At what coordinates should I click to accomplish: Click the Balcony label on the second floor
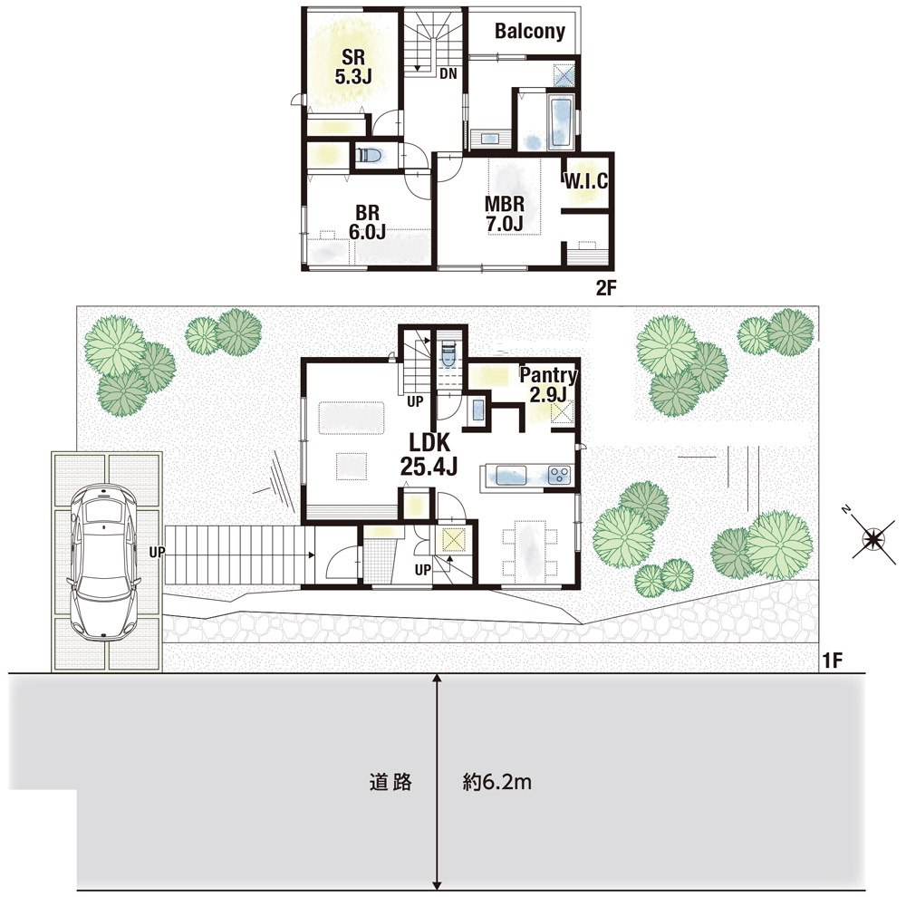pyautogui.click(x=529, y=31)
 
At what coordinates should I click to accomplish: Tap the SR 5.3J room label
pyautogui.click(x=353, y=66)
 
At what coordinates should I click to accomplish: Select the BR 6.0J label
pyautogui.click(x=368, y=222)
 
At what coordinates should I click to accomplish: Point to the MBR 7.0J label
pyautogui.click(x=505, y=214)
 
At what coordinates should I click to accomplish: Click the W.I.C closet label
pyautogui.click(x=586, y=181)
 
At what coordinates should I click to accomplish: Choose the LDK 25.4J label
pyautogui.click(x=429, y=454)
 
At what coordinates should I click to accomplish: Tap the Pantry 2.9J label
pyautogui.click(x=548, y=384)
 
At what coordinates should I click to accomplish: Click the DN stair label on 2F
pyautogui.click(x=448, y=73)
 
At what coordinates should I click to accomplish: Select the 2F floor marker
pyautogui.click(x=606, y=288)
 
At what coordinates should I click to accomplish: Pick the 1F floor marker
pyautogui.click(x=833, y=660)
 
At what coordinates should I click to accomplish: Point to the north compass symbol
pyautogui.click(x=872, y=538)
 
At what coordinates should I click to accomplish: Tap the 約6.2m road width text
pyautogui.click(x=496, y=782)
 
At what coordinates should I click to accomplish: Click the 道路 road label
pyautogui.click(x=390, y=782)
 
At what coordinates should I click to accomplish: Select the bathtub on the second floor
pyautogui.click(x=560, y=122)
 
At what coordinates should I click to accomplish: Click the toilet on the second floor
pyautogui.click(x=369, y=156)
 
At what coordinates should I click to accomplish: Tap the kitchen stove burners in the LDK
pyautogui.click(x=559, y=475)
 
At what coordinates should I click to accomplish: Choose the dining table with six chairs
pyautogui.click(x=530, y=548)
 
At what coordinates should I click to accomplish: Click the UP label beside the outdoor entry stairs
pyautogui.click(x=157, y=553)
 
